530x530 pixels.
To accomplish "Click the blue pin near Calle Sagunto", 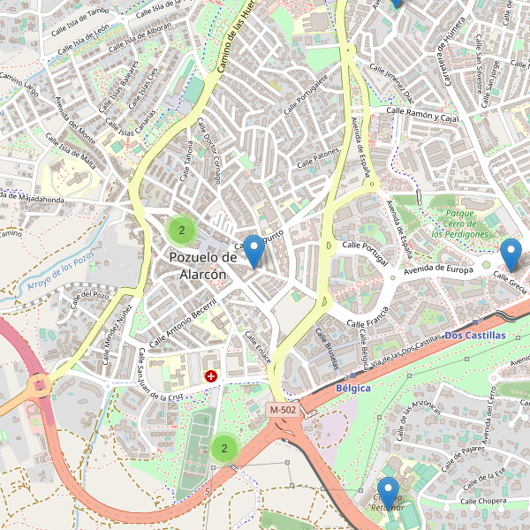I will point(254,250).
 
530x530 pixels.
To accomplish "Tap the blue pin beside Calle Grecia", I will point(511,254).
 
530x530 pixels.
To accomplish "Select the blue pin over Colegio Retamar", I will point(388,492).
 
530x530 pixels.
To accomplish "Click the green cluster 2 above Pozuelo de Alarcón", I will point(182,231).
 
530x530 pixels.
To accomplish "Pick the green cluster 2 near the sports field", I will point(224,448).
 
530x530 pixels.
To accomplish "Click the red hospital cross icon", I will point(211,376).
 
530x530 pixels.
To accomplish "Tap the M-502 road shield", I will point(284,410).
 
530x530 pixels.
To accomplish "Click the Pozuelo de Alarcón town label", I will point(203,265).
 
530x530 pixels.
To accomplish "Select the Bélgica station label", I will point(353,388).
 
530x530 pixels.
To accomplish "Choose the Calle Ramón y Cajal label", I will point(423,114).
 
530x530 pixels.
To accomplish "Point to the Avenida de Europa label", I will point(439,269).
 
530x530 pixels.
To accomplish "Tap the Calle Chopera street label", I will point(482,501).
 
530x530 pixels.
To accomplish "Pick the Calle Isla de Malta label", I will point(71,154).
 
